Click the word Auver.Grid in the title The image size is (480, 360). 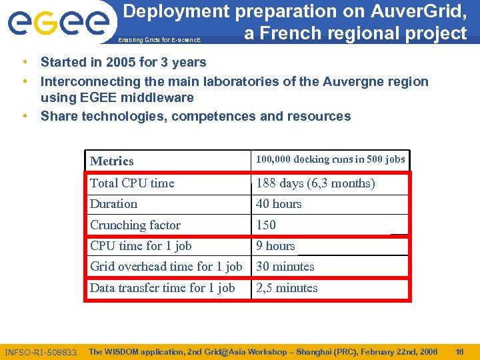click(x=421, y=11)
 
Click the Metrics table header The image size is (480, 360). click(x=111, y=161)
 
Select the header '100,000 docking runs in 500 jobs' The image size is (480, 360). click(x=330, y=159)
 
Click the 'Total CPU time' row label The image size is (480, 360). click(x=132, y=183)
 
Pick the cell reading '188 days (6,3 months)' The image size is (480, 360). click(x=315, y=183)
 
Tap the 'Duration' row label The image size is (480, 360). click(x=113, y=204)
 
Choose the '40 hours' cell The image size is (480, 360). click(x=279, y=204)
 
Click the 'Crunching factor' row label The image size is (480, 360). click(x=135, y=225)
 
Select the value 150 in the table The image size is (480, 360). click(x=266, y=225)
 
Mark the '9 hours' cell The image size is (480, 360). click(x=275, y=246)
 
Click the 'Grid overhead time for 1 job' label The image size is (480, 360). click(x=166, y=267)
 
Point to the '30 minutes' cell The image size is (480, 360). click(x=285, y=267)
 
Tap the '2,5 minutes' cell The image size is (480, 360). click(x=287, y=288)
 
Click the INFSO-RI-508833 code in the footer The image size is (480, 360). click(x=41, y=352)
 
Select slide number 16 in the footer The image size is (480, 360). click(x=459, y=351)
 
